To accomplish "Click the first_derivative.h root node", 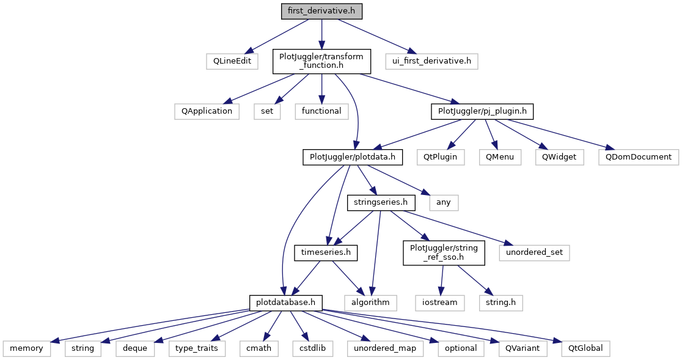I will tap(321, 11).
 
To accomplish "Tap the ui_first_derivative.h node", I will tap(431, 61).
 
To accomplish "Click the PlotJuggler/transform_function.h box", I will tap(321, 61).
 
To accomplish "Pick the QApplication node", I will tap(204, 111).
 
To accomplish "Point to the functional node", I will tap(321, 111).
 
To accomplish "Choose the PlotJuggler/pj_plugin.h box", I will tap(482, 111).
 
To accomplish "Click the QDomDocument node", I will tap(639, 157).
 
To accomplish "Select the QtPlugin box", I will tap(439, 157).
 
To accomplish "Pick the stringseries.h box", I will tap(381, 202).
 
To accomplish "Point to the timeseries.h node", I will tap(326, 252).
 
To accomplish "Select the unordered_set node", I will tap(534, 252).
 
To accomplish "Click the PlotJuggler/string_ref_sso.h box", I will tap(444, 252).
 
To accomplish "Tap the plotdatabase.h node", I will tap(286, 302).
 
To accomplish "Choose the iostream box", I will tap(439, 302).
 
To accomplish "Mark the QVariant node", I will tap(514, 348).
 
